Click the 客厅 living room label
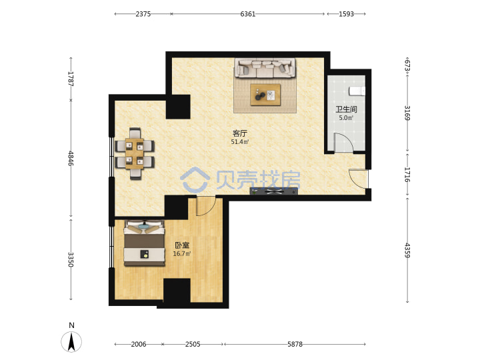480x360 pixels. pos(240,133)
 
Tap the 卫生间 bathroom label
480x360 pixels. pos(346,109)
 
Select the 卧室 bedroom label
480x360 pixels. pos(182,245)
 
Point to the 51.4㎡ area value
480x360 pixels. pos(240,142)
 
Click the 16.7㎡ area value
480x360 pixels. pos(182,253)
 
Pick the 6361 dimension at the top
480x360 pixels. pos(247,14)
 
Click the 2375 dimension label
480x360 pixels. pos(143,14)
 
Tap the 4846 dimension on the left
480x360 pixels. pos(71,158)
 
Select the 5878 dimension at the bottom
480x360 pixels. pos(295,344)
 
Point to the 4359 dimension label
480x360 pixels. pos(407,251)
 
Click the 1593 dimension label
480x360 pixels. pos(346,14)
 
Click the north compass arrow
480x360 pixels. pos(71,342)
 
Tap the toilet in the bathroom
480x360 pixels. pos(357,91)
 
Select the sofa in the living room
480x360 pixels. pos(265,67)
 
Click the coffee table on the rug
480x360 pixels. pos(265,95)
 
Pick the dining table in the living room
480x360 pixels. pos(135,154)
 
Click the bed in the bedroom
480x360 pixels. pos(144,243)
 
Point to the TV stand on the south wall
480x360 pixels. pos(274,191)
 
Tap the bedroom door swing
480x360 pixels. pos(206,207)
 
